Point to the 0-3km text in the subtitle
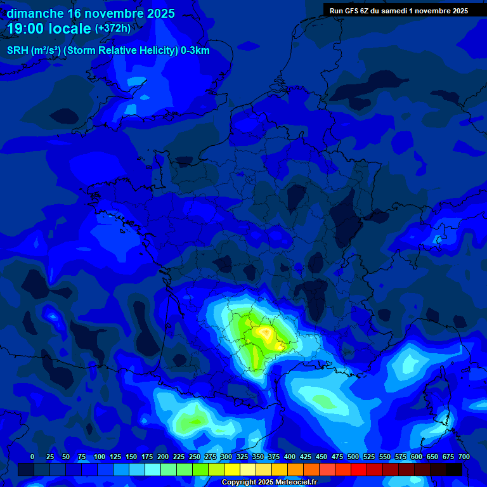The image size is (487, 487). click(195, 51)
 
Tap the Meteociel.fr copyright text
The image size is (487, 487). click(269, 482)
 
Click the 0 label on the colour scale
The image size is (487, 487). click(32, 457)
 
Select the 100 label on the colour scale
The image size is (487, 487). click(100, 457)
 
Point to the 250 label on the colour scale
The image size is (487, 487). click(195, 457)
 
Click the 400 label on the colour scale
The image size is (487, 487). click(290, 457)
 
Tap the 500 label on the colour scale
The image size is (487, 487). click(353, 457)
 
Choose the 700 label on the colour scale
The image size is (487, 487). click(464, 457)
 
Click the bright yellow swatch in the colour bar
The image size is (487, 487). click(232, 469)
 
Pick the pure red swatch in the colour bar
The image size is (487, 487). click(343, 469)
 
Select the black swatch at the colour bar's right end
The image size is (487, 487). click(454, 469)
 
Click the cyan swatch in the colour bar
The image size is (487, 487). click(153, 469)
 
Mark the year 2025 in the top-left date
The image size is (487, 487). click(160, 13)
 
